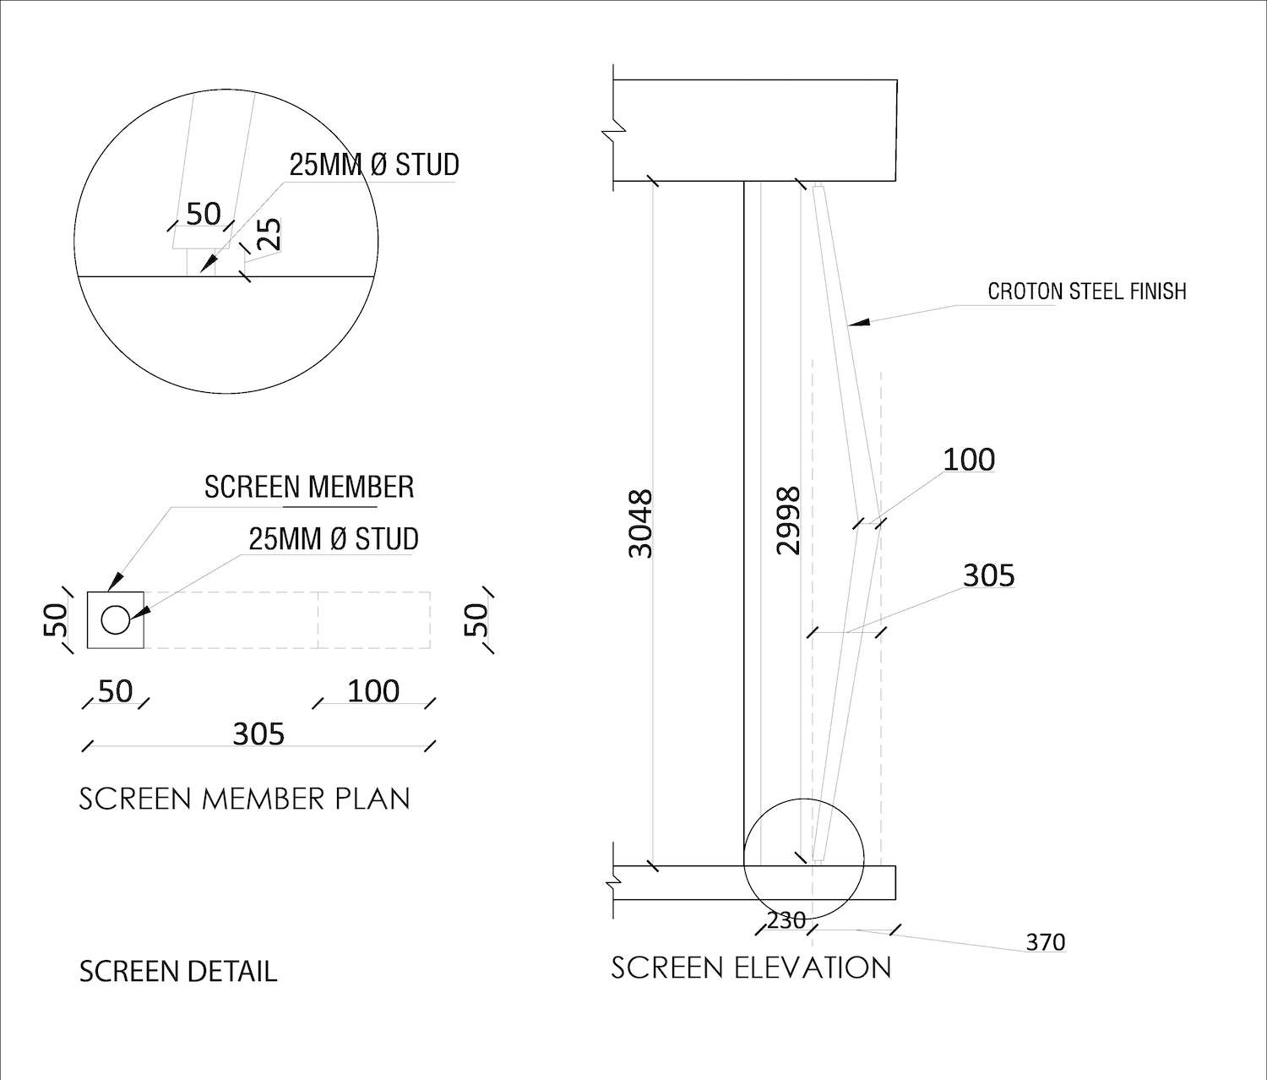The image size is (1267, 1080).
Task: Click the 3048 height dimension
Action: coord(641,523)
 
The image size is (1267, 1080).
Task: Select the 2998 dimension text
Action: coord(788,521)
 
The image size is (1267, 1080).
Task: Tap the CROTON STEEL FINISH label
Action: coord(1087,292)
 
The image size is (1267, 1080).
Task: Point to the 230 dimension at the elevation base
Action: coord(786,920)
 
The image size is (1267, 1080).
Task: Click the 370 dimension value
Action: coord(1046,942)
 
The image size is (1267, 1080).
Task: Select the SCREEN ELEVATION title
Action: coord(751,968)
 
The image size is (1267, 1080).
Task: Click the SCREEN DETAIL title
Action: coord(178,972)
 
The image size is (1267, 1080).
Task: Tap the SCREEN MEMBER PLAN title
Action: coord(245,799)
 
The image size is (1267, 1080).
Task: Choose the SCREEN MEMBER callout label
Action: coord(309,487)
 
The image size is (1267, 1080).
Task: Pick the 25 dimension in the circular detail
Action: coord(269,234)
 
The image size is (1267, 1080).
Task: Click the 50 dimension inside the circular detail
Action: coord(203,214)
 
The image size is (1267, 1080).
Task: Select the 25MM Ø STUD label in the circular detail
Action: coord(374,165)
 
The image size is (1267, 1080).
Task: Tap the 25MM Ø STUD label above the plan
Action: coord(334,539)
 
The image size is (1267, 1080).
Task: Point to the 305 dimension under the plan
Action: coord(258,734)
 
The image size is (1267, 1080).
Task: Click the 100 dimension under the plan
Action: coord(373,691)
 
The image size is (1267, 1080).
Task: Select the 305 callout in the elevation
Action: coord(989,575)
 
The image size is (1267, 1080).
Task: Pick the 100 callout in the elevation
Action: coord(969,460)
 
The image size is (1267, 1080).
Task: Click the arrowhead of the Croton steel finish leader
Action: coord(859,322)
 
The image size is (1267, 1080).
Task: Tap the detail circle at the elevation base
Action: coord(803,799)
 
